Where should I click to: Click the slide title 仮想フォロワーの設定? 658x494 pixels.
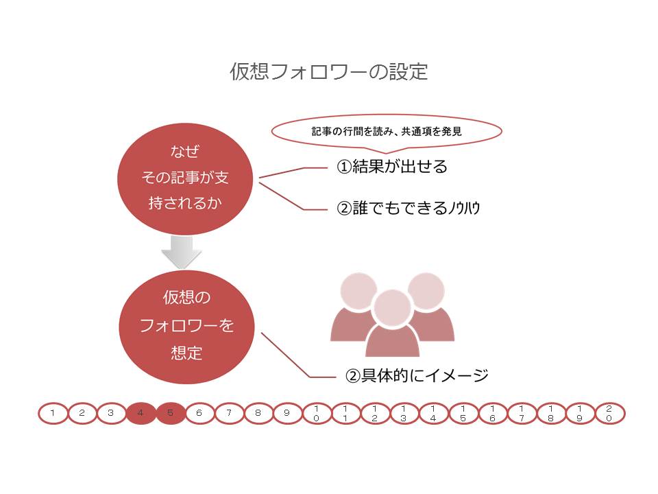tap(329, 72)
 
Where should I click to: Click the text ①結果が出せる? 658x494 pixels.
tap(391, 167)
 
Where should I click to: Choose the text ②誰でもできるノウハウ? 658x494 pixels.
tap(409, 209)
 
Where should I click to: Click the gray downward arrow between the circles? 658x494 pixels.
tap(182, 252)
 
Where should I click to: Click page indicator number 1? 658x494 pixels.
tap(53, 413)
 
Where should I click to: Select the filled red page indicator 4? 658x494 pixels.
tap(141, 413)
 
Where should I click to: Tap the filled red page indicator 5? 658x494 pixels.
tap(170, 413)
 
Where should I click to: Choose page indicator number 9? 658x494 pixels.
tap(287, 413)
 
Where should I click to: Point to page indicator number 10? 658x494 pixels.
tap(316, 413)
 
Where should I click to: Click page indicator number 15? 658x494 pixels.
tap(463, 413)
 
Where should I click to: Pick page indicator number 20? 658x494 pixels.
tap(609, 413)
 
